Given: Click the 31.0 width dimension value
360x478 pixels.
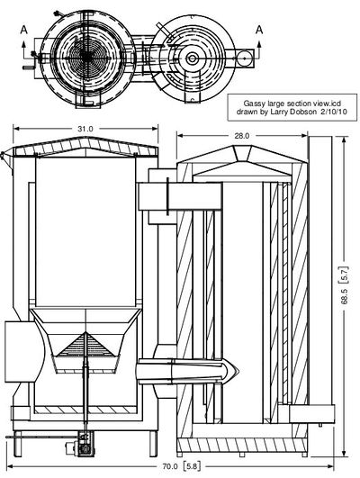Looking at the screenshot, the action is click(x=85, y=129).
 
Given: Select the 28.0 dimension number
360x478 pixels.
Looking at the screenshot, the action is click(x=241, y=136).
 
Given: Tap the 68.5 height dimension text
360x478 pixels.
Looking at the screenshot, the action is click(x=345, y=296).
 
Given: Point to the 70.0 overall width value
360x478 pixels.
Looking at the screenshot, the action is click(x=170, y=466).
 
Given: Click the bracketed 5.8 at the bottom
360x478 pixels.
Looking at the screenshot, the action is click(x=192, y=466).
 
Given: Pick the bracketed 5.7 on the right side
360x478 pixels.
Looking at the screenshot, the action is click(x=345, y=275).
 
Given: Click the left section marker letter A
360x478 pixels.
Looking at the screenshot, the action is click(x=24, y=30).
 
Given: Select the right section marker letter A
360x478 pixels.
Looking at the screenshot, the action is click(x=259, y=30).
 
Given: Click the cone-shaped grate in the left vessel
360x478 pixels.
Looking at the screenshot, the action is click(x=86, y=345).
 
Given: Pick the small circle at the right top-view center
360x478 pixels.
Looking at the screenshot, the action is click(x=192, y=58).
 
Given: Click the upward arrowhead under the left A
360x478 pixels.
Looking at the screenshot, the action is click(x=24, y=42).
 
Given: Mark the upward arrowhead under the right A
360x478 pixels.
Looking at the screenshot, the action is click(x=259, y=42).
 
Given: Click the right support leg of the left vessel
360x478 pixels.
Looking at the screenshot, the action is click(x=153, y=444).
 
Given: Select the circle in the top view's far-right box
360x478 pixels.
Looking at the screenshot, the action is click(x=245, y=59).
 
